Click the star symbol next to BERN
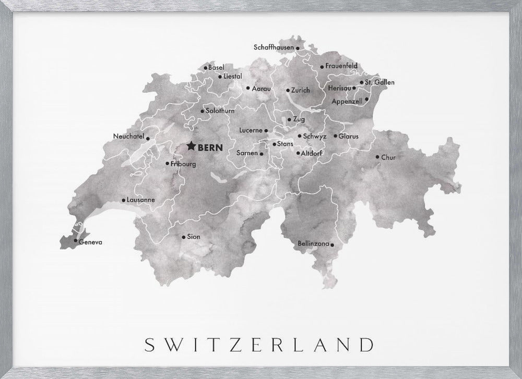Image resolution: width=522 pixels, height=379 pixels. tap(191, 147)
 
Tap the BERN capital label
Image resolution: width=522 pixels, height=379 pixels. tap(209, 148)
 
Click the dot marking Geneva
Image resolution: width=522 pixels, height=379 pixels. tap(76, 241)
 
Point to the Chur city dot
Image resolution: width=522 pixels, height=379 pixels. tap(377, 157)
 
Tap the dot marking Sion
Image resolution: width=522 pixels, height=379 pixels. tap(183, 237)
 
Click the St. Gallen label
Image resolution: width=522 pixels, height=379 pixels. tap(379, 82)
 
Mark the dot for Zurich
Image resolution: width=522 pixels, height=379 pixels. tap(288, 90)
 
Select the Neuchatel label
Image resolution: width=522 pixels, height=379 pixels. tap(128, 137)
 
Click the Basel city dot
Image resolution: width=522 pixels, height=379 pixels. tap(206, 67)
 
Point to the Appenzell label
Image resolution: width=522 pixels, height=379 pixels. tap(347, 101)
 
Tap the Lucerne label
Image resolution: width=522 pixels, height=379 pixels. tap(250, 130)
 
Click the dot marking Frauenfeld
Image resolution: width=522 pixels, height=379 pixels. tap(321, 66)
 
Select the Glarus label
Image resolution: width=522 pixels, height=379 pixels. tap(348, 136)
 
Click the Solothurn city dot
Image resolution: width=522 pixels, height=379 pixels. tap(202, 111)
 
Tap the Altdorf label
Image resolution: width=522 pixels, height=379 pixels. tap(312, 154)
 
